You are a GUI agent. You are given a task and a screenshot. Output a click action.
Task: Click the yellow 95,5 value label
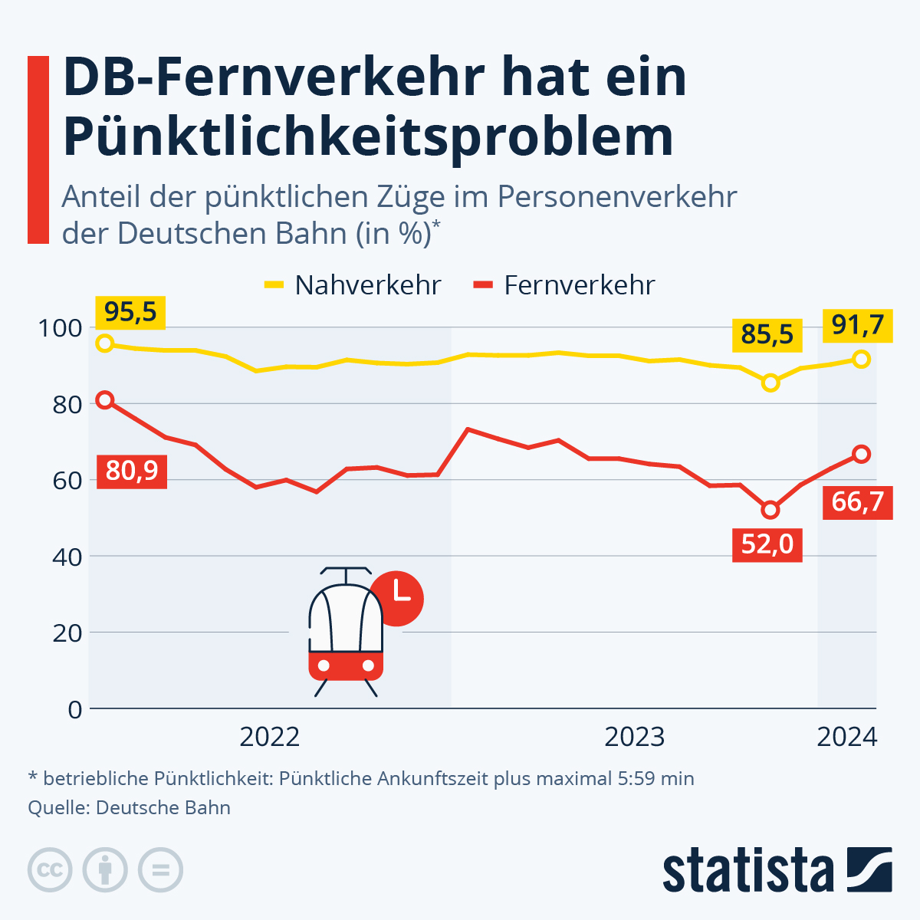pos(130,313)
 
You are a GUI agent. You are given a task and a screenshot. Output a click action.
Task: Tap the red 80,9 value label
pos(132,469)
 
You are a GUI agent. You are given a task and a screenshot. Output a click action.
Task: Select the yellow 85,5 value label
pos(767,335)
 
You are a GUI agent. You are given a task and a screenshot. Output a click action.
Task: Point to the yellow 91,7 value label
pos(858,325)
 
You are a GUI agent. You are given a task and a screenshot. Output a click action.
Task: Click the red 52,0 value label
pos(767,544)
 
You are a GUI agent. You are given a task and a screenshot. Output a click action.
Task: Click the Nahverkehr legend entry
pos(353,285)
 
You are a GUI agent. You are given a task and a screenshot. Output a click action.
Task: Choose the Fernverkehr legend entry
pos(564,285)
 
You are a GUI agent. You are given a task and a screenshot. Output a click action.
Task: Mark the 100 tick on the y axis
pos(60,328)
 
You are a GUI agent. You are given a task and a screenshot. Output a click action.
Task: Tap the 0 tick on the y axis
pos(74,709)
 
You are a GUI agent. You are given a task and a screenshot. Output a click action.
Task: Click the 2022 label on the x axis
pos(269,738)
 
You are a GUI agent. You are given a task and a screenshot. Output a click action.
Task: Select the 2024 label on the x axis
pos(846,738)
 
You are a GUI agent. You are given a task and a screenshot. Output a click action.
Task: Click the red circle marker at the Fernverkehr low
pos(770,510)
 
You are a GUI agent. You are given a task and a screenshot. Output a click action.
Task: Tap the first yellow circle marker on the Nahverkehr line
pos(105,343)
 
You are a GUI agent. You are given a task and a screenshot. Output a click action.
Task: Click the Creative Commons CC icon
pos(50,870)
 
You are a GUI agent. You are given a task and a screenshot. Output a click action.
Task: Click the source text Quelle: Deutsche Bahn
pos(129,807)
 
